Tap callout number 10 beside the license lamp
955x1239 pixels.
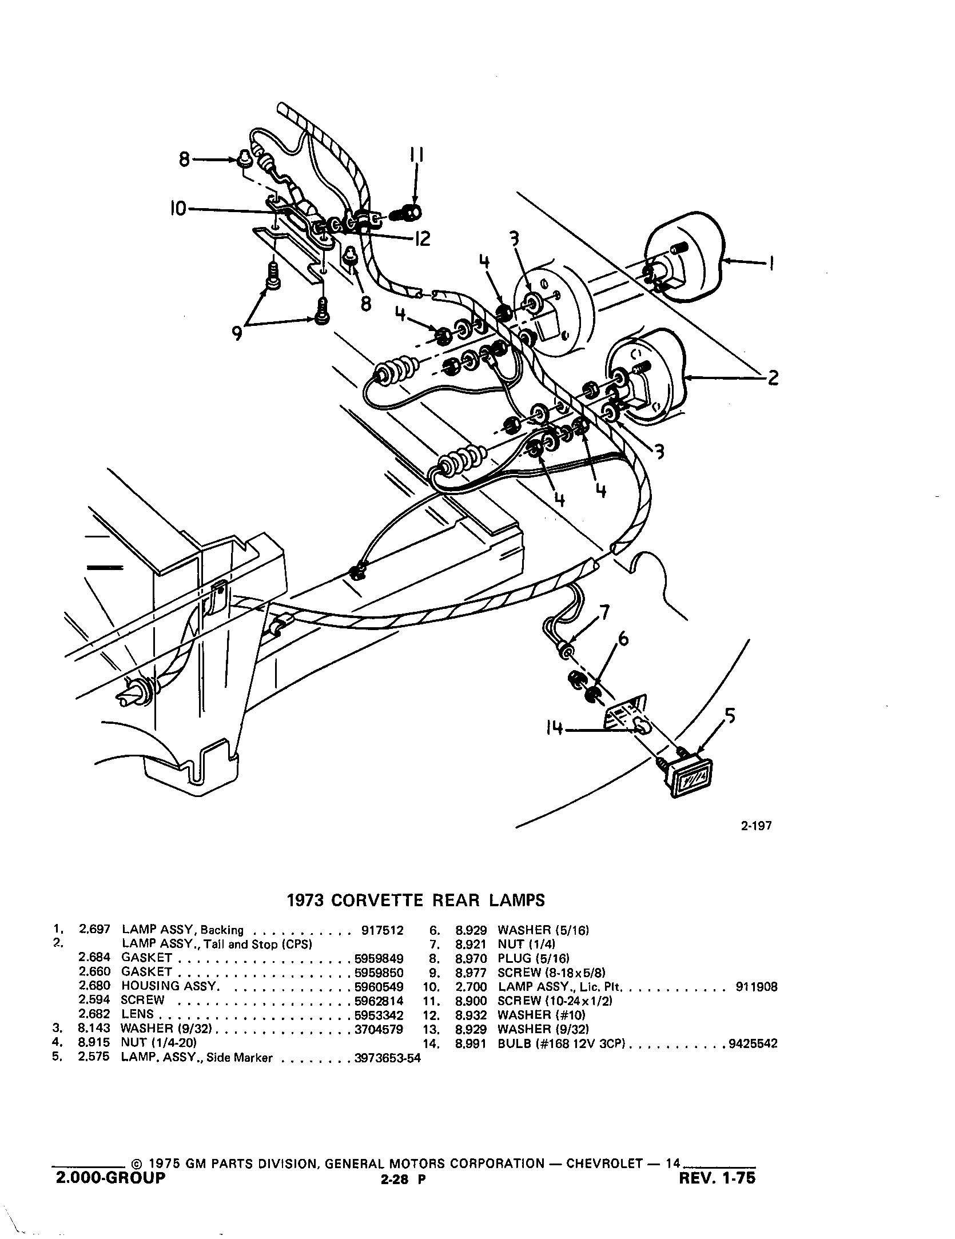178,210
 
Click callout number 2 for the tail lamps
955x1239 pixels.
773,377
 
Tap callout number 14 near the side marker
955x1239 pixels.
554,729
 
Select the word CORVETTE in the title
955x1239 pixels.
378,901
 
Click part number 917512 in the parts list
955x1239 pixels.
383,930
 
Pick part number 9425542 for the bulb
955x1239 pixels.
753,1043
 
